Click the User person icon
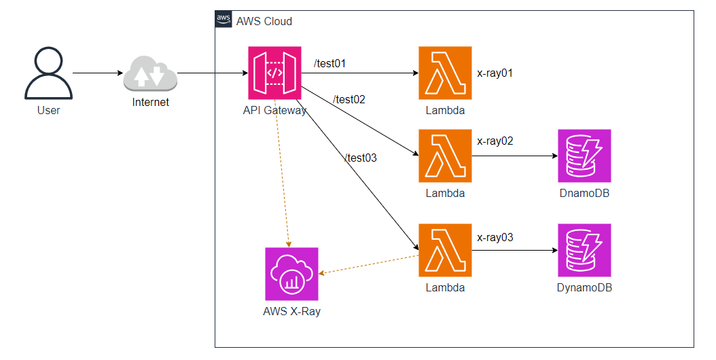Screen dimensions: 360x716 (x=48, y=74)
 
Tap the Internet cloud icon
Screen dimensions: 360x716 (x=150, y=74)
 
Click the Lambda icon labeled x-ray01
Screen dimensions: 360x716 (x=445, y=73)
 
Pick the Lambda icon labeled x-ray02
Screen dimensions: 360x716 (x=445, y=156)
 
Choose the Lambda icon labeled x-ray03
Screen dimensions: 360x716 (x=445, y=251)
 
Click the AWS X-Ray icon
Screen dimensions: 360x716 (x=291, y=274)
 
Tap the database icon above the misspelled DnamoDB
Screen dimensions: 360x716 (x=584, y=156)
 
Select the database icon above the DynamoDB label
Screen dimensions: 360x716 (x=584, y=251)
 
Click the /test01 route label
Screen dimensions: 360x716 (x=330, y=64)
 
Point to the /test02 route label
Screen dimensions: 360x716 (x=349, y=100)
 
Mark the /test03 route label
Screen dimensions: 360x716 (x=360, y=158)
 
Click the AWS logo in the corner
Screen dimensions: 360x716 (x=223, y=20)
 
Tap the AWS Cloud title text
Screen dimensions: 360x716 (x=264, y=21)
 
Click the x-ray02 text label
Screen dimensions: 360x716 (x=495, y=141)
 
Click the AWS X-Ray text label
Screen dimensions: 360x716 (x=291, y=312)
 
